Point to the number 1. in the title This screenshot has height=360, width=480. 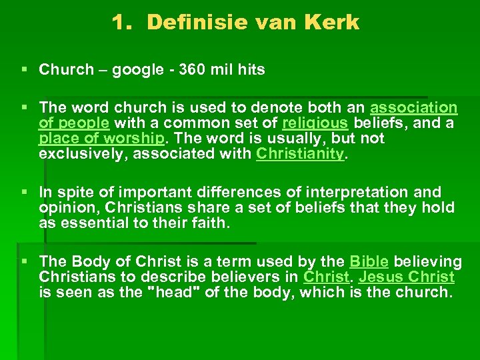coord(124,23)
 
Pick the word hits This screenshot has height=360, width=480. coord(249,69)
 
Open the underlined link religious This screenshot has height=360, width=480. coord(315,123)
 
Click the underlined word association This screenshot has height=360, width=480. coord(413,108)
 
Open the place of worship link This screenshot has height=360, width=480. coord(100,139)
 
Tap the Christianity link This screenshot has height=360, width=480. coord(299,154)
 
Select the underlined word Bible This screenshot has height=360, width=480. coord(368,261)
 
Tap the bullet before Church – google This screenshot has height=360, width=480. coord(25,69)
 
